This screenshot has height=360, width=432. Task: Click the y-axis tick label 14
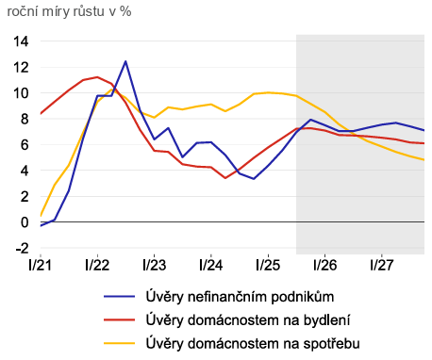22,41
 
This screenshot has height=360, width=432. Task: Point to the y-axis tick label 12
22,68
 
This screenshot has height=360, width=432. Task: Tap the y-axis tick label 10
22,93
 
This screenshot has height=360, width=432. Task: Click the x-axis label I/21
41,265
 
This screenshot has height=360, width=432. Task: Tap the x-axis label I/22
98,265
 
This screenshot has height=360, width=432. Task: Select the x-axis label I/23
155,265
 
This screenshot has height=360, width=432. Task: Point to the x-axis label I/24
211,265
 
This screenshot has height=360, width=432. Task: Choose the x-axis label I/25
268,265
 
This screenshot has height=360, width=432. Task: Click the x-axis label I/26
324,265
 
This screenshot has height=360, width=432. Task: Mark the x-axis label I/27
381,265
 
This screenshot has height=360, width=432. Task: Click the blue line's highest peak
125,61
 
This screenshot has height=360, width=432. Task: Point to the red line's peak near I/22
97,77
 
